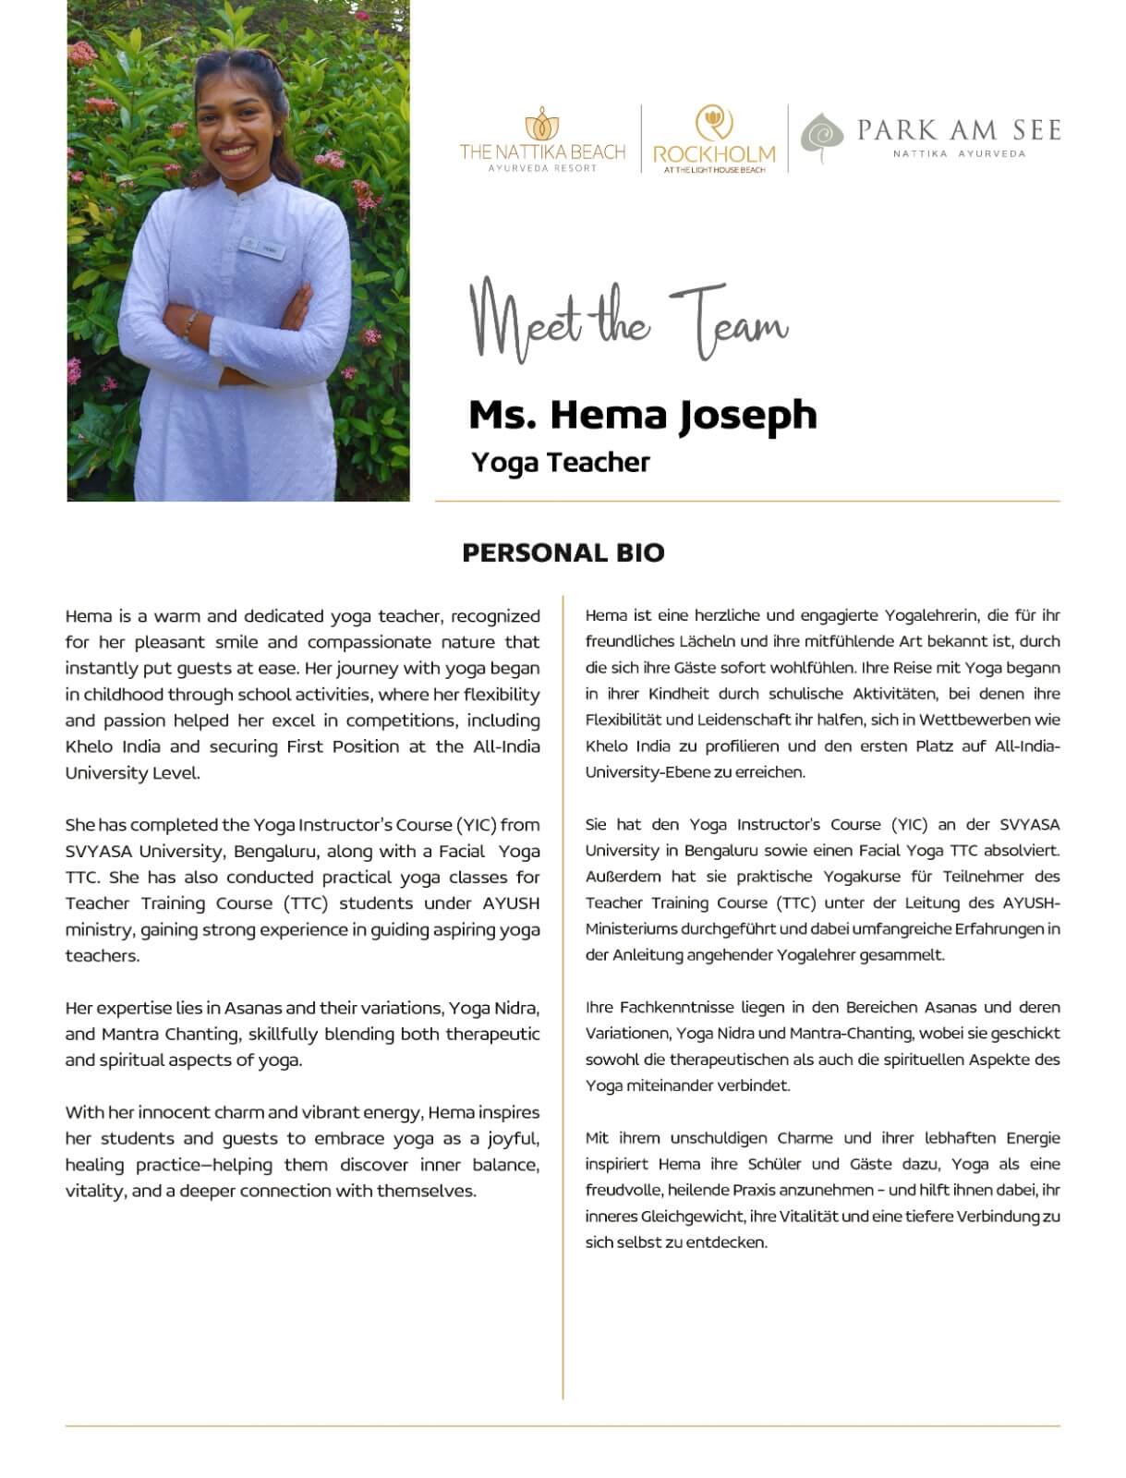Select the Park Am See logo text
(958, 130)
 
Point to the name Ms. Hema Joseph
(643, 415)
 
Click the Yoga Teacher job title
(561, 462)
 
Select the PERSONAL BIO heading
(563, 552)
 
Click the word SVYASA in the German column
(1030, 824)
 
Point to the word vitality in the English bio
(95, 1191)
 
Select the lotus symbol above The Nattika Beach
(543, 125)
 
